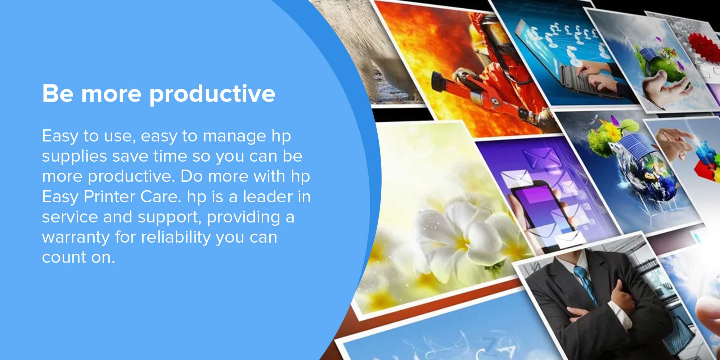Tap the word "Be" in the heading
[x=58, y=94]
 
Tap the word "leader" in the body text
[x=268, y=197]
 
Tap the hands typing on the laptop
[x=594, y=74]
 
